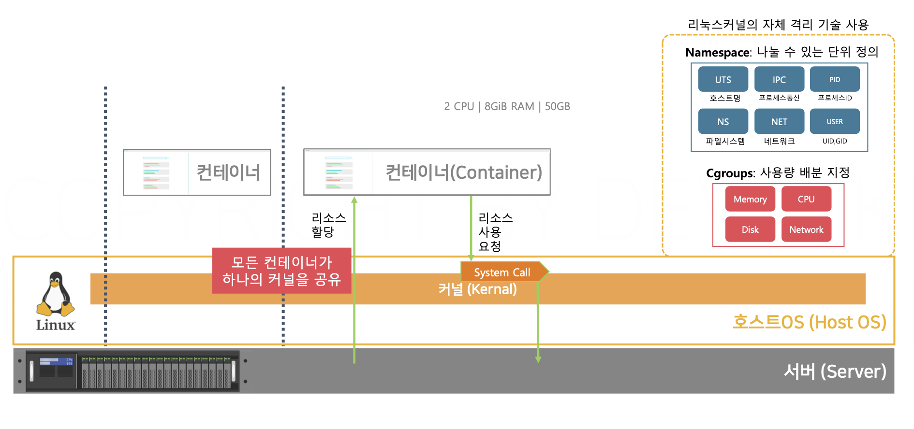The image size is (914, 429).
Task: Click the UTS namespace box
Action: click(723, 79)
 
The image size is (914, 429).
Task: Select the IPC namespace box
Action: click(779, 79)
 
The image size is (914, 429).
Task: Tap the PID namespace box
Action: click(835, 79)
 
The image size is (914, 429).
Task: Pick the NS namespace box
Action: click(723, 121)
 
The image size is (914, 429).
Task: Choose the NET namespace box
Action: click(779, 121)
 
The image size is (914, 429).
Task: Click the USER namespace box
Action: click(835, 121)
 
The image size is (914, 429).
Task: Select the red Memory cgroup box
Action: click(750, 199)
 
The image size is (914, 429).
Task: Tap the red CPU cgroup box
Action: click(806, 199)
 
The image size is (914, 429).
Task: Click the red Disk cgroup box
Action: click(750, 229)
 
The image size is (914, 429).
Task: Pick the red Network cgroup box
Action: click(806, 229)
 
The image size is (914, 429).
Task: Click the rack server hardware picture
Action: click(133, 371)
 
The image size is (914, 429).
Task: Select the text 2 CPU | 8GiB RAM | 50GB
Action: click(507, 106)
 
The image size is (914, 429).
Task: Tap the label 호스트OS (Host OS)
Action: click(809, 322)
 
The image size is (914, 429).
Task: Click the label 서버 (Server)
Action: click(835, 371)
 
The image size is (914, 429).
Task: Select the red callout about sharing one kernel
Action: click(281, 271)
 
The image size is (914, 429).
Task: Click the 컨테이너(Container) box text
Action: click(463, 172)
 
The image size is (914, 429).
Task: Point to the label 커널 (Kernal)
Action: click(477, 289)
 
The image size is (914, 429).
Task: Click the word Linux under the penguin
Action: click(56, 325)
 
